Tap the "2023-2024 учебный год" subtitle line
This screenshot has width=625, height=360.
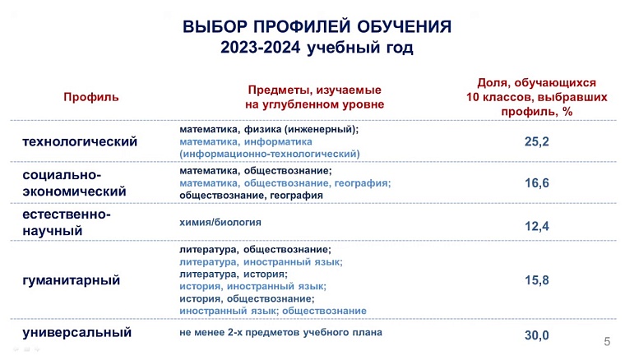(x=317, y=48)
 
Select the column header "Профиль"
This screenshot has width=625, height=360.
(x=91, y=97)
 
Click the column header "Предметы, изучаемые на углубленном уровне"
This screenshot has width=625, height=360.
(x=314, y=97)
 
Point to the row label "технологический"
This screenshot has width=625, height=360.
(x=80, y=141)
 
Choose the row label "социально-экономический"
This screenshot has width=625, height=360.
(x=74, y=183)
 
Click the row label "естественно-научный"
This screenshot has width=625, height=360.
(x=67, y=222)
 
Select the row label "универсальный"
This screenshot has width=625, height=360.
(x=77, y=334)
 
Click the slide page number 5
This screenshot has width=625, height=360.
(x=607, y=341)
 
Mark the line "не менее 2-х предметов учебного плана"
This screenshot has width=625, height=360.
(x=281, y=333)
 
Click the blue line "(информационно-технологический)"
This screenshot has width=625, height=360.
(x=270, y=154)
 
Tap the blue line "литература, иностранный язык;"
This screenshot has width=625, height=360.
(x=261, y=261)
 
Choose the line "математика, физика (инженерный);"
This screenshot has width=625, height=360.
(x=269, y=129)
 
